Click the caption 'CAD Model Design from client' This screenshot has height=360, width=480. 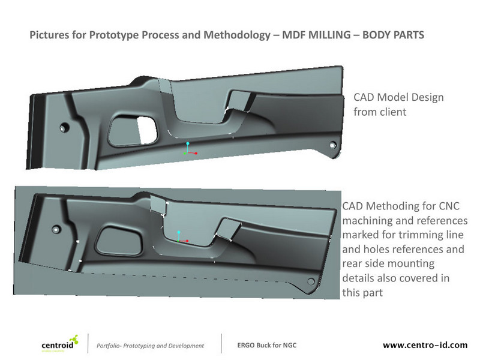(389, 104)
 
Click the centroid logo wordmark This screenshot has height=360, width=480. (58, 345)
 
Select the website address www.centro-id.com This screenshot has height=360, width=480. (425, 346)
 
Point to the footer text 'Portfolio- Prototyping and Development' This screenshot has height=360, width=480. (150, 346)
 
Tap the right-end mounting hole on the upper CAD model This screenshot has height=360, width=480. (331, 145)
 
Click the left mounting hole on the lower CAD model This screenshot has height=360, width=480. (55, 229)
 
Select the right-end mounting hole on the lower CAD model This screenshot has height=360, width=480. (311, 281)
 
